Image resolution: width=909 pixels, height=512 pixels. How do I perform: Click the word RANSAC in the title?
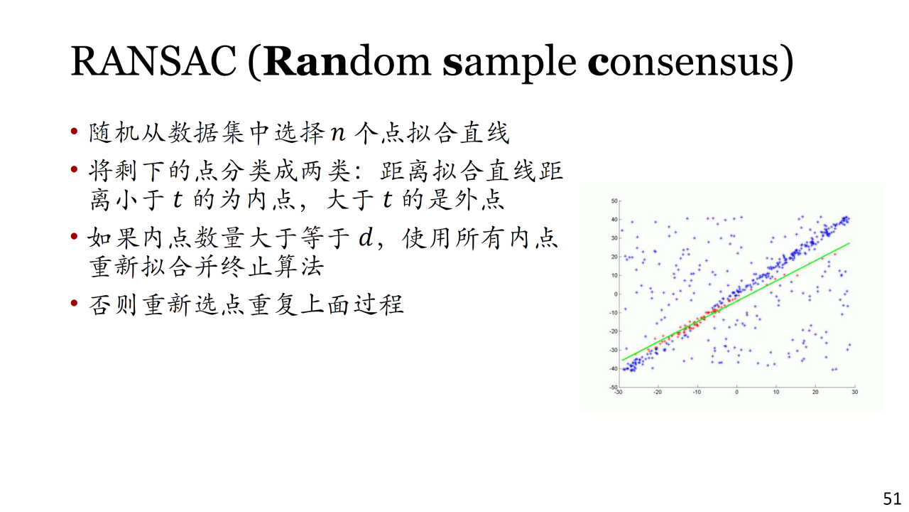click(x=153, y=61)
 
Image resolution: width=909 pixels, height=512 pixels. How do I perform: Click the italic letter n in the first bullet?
click(x=338, y=133)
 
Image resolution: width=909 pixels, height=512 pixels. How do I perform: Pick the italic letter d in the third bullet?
click(x=365, y=237)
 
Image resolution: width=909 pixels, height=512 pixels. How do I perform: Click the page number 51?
click(x=893, y=498)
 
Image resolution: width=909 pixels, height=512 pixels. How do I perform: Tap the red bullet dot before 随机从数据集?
click(x=74, y=132)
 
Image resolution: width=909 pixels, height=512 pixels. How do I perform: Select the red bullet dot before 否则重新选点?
click(x=74, y=303)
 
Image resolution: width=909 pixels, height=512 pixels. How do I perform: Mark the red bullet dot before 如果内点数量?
click(x=74, y=236)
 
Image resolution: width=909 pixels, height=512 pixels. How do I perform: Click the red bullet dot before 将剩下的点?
click(x=74, y=169)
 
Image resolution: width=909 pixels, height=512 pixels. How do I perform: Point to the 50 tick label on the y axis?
click(x=614, y=201)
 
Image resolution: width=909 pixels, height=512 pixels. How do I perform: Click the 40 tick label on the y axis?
click(x=614, y=220)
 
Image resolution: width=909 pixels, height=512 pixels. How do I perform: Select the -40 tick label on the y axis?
click(x=613, y=368)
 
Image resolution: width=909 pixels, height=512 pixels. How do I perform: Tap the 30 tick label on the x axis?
click(x=854, y=392)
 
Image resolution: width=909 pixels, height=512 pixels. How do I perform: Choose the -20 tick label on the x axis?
click(x=658, y=392)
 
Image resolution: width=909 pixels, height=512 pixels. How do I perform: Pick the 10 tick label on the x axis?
click(x=776, y=392)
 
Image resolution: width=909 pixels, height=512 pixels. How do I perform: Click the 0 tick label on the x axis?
click(x=737, y=392)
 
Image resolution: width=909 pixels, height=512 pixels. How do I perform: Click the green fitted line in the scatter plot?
click(x=736, y=302)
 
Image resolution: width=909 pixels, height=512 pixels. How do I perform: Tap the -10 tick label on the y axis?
click(x=613, y=312)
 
